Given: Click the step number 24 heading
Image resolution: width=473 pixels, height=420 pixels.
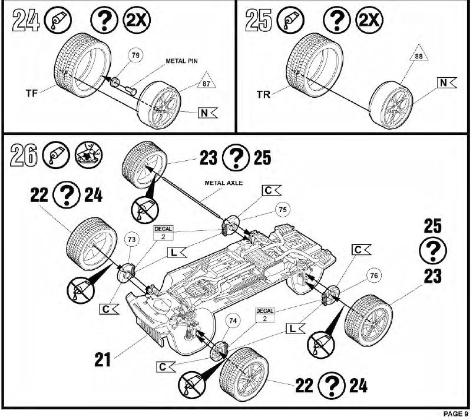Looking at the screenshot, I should (x=25, y=21).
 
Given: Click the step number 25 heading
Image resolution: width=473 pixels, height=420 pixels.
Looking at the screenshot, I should (x=258, y=21).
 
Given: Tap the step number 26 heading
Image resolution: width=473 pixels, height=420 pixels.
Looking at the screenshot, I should (x=25, y=156).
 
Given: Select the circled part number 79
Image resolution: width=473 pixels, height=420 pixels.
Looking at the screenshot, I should (x=136, y=57).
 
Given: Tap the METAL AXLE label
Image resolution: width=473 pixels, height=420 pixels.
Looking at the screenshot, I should (x=223, y=183).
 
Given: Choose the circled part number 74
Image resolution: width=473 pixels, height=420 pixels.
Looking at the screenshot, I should (x=234, y=322).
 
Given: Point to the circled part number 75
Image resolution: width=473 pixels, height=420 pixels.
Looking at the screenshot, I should (x=283, y=210).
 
